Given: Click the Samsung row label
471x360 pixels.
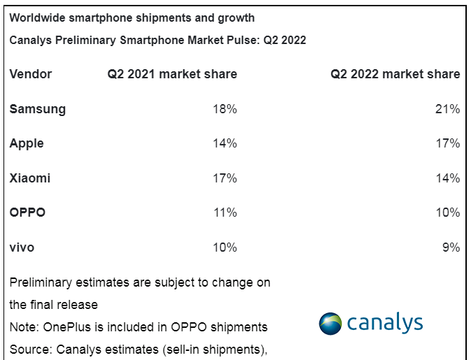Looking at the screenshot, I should (38, 109).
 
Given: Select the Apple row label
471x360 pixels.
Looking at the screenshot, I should (27, 143).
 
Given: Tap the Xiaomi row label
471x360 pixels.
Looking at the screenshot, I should (30, 178).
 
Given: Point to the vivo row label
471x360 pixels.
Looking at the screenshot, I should (22, 247).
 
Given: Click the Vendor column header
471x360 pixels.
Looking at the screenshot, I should (31, 74).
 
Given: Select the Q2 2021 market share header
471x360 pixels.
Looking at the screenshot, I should (172, 74).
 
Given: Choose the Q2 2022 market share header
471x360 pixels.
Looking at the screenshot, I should (395, 74).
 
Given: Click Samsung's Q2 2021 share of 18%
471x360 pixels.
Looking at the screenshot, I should (225, 109).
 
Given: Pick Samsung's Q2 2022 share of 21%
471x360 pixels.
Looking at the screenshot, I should (448, 109).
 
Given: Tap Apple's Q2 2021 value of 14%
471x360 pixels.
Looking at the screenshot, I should (225, 143).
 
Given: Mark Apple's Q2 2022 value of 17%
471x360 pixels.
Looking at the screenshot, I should (448, 143).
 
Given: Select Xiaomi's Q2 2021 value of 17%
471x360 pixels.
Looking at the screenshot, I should (225, 178).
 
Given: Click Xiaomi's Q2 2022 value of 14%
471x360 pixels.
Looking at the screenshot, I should (448, 178).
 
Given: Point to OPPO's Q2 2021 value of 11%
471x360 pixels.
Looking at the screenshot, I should (225, 213).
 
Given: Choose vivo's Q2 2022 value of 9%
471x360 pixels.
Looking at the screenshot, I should (451, 247).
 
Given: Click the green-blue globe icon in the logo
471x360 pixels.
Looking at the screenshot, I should (330, 324).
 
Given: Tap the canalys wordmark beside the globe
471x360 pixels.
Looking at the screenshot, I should (384, 323).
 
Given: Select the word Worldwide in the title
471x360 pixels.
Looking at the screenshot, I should (39, 17).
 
